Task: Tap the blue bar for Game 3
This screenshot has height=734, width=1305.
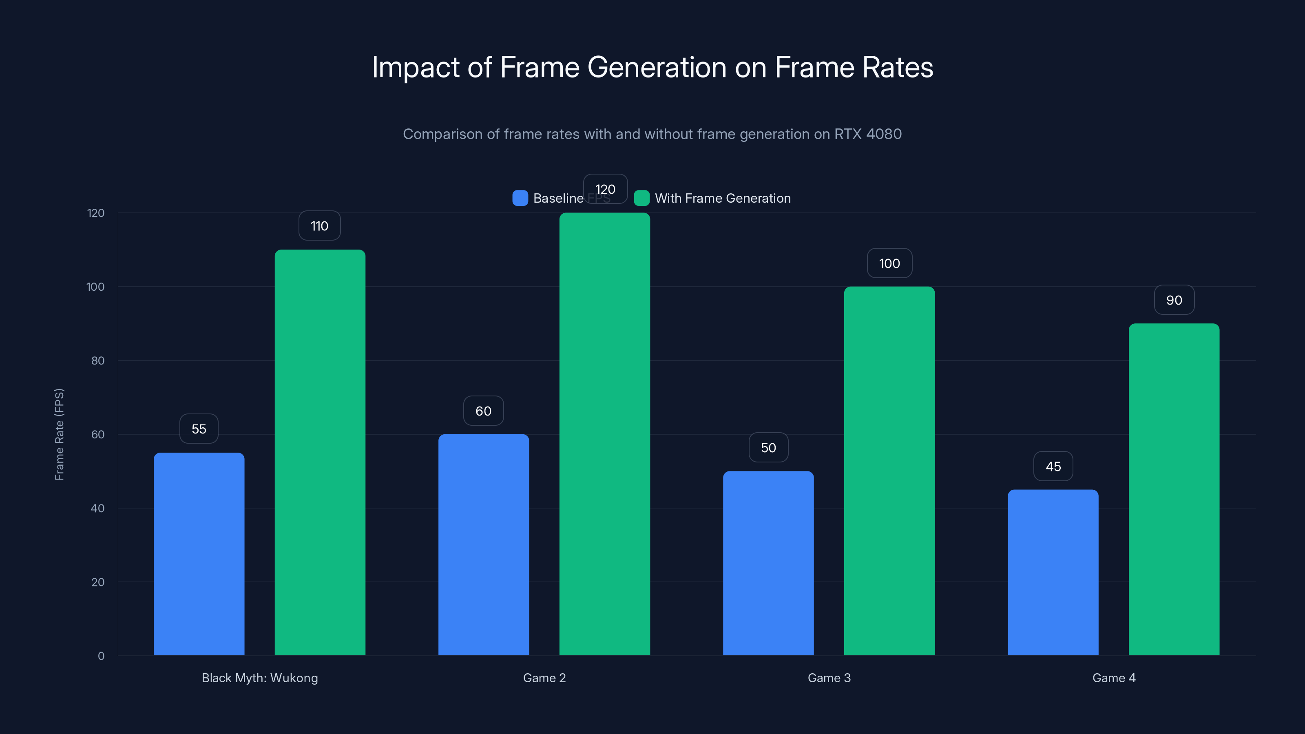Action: click(x=768, y=563)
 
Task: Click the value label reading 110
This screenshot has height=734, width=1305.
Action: click(x=319, y=226)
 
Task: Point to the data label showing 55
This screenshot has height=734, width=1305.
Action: click(x=199, y=429)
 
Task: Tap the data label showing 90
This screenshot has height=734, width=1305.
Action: click(x=1174, y=301)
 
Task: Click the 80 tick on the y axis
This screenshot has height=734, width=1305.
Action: click(x=98, y=360)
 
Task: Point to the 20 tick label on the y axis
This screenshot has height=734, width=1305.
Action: click(x=98, y=582)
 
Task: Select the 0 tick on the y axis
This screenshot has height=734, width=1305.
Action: click(x=101, y=656)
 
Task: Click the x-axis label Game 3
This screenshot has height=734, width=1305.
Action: click(x=829, y=678)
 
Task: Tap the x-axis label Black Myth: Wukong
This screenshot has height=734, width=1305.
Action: click(x=259, y=678)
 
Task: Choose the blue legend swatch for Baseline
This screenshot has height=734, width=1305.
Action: click(x=520, y=198)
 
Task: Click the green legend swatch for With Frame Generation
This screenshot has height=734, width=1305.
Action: click(x=641, y=198)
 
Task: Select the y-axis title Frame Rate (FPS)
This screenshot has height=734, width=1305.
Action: click(x=59, y=434)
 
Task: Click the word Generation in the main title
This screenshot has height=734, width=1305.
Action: click(x=657, y=67)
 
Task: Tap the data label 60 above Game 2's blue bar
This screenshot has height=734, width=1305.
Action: click(x=483, y=411)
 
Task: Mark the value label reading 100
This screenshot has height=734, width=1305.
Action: click(x=889, y=263)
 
